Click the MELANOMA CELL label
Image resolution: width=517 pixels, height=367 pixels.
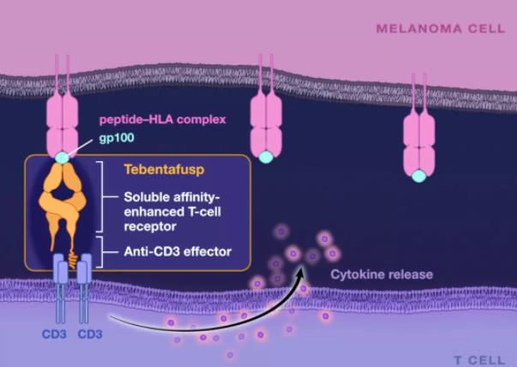click(441, 28)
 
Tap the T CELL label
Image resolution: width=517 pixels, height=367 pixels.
click(479, 360)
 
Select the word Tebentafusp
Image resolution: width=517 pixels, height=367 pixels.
click(165, 170)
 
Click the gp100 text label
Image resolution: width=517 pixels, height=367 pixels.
click(117, 137)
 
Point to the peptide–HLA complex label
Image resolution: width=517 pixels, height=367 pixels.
click(163, 119)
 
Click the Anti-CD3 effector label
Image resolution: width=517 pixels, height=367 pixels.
click(177, 252)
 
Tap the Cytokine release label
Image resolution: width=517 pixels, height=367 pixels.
click(382, 274)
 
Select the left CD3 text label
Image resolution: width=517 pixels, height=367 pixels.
click(54, 334)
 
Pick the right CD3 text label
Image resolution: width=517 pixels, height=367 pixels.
click(90, 334)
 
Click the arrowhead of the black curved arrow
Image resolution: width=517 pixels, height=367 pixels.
click(300, 272)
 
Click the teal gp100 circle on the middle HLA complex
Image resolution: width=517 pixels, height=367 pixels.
click(266, 157)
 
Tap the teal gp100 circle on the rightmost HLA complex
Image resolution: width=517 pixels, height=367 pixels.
click(418, 176)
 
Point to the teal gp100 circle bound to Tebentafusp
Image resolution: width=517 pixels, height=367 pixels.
click(62, 158)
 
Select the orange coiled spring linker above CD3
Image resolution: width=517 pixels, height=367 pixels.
click(73, 260)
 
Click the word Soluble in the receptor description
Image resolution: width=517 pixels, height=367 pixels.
click(143, 197)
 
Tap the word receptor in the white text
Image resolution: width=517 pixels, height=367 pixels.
click(150, 227)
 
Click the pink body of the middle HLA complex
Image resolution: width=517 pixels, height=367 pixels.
click(266, 124)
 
